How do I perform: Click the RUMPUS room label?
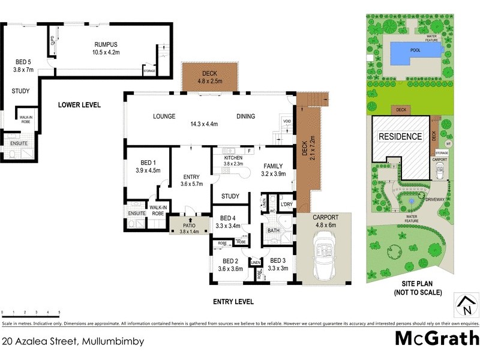click(106, 44)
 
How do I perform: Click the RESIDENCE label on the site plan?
click(400, 136)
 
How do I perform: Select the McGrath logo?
click(436, 339)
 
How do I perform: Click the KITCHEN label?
click(233, 157)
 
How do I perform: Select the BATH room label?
click(274, 230)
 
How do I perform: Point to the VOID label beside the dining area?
click(287, 122)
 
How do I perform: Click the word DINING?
click(245, 116)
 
